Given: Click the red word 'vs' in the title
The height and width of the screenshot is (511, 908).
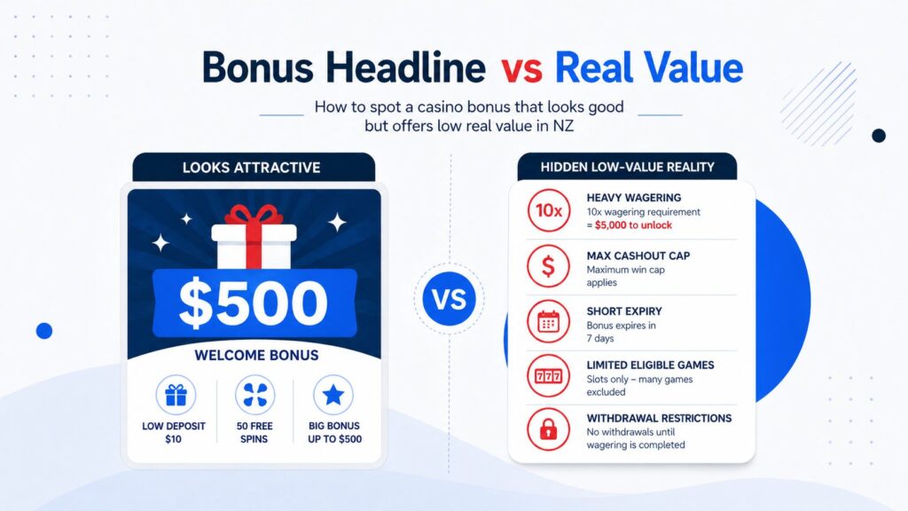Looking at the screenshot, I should click(520, 68).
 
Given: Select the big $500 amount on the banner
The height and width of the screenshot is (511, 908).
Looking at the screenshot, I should click(254, 303).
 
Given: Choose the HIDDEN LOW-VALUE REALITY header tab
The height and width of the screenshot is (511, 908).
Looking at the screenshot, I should click(627, 167).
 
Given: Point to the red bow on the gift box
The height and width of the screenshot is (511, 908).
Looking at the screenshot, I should click(254, 216).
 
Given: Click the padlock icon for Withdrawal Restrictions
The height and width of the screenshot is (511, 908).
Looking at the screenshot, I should click(548, 432).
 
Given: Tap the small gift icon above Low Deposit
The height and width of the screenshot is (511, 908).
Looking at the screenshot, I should click(175, 395).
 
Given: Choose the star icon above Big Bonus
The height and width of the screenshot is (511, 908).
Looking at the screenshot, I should click(333, 395).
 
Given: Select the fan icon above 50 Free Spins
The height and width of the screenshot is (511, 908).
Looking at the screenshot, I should click(254, 395).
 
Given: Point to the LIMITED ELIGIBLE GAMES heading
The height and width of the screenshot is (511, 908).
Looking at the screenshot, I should click(650, 365).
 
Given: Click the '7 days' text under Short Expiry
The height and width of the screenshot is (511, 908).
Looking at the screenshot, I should click(604, 338).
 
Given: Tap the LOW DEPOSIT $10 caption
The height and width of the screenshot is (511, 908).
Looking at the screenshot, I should click(175, 433).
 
